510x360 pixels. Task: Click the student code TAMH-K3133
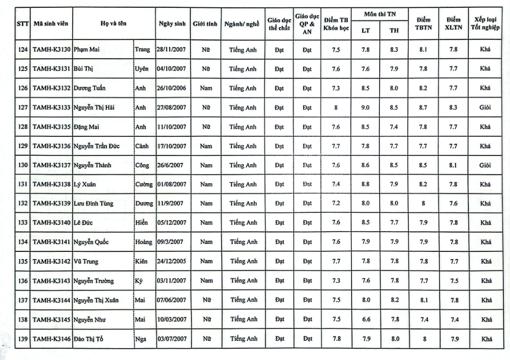52,108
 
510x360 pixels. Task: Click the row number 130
23,165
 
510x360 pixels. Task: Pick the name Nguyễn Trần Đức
95,146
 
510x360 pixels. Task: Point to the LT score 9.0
365,108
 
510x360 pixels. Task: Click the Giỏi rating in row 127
486,108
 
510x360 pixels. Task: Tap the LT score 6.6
365,319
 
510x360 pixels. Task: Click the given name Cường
144,185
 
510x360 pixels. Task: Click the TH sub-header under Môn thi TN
394,30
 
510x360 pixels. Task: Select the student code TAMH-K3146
52,339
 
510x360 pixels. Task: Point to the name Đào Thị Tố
89,339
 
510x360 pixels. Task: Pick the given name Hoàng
144,242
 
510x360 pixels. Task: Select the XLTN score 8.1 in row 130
454,165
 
